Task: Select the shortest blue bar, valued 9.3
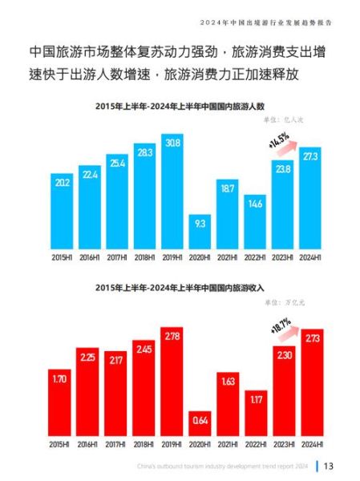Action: pyautogui.click(x=200, y=231)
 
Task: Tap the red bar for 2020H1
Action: pyautogui.click(x=200, y=423)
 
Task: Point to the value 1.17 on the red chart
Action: pyautogui.click(x=256, y=397)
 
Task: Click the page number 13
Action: pyautogui.click(x=329, y=467)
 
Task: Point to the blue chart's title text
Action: pyautogui.click(x=180, y=107)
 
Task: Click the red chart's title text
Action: pyautogui.click(x=180, y=286)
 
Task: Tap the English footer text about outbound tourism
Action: pyautogui.click(x=221, y=467)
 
